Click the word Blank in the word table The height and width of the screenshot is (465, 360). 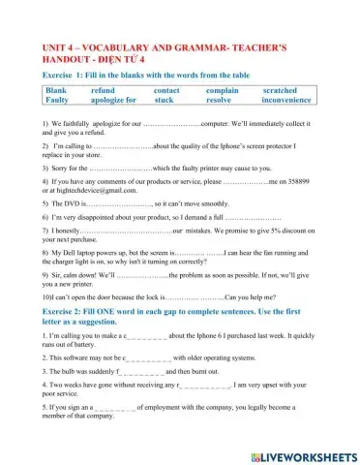57,88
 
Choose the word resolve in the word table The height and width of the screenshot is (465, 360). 220,99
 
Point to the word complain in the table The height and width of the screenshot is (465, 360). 225,88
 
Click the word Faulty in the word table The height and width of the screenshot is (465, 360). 57,99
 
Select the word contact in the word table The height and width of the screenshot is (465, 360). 166,88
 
